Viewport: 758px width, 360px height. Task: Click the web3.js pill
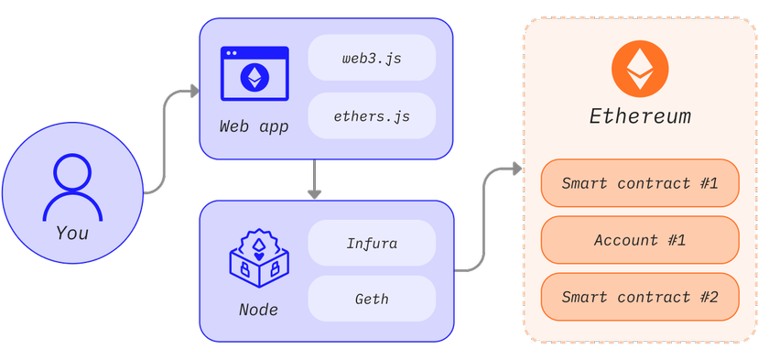coord(372,58)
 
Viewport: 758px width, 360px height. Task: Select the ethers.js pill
coord(372,115)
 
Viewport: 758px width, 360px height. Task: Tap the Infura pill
coord(372,244)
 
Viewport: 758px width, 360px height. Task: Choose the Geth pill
coord(372,299)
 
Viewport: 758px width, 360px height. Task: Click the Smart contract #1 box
coord(639,183)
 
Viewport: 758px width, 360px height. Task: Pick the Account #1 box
coord(639,240)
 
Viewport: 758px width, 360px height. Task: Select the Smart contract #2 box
coord(639,297)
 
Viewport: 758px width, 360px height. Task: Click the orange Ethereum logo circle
coord(640,70)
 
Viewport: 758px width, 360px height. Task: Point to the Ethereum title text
coord(640,117)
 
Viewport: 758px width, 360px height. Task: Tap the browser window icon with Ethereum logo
coord(254,75)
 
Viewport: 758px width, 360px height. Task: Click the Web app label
coord(254,126)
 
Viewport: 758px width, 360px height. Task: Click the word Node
coord(258,310)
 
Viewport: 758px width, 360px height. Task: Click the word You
coord(72,233)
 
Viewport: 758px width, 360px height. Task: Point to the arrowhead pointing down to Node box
coord(314,193)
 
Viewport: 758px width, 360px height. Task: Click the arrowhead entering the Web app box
coord(193,91)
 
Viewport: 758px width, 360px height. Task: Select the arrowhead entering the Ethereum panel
coord(517,169)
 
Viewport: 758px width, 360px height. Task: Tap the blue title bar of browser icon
coord(254,53)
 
